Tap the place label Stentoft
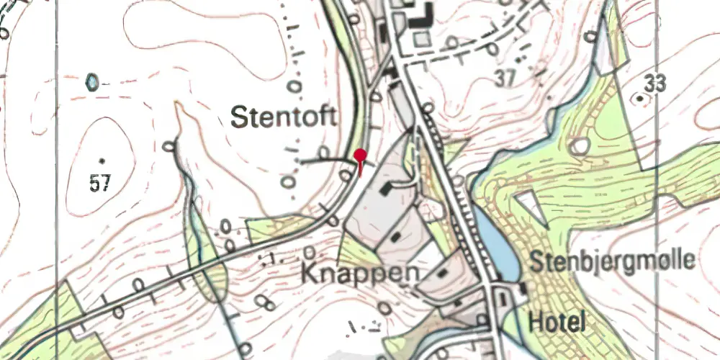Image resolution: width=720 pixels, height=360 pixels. (x=284, y=117)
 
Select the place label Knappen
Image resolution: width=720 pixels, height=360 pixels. (x=360, y=273)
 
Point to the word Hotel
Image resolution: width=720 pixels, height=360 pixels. (x=557, y=321)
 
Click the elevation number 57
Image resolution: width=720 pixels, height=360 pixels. (x=100, y=184)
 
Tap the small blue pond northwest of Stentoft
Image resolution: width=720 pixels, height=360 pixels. (x=92, y=82)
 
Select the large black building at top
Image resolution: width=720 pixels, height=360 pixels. (x=417, y=16)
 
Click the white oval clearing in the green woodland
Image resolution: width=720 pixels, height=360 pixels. (x=580, y=147)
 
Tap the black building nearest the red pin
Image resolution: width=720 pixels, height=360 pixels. (x=387, y=189)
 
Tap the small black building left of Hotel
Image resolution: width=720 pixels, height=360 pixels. (x=521, y=289)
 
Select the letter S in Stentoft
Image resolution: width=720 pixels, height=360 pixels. (x=239, y=117)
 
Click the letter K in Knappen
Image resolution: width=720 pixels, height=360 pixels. (x=309, y=273)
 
